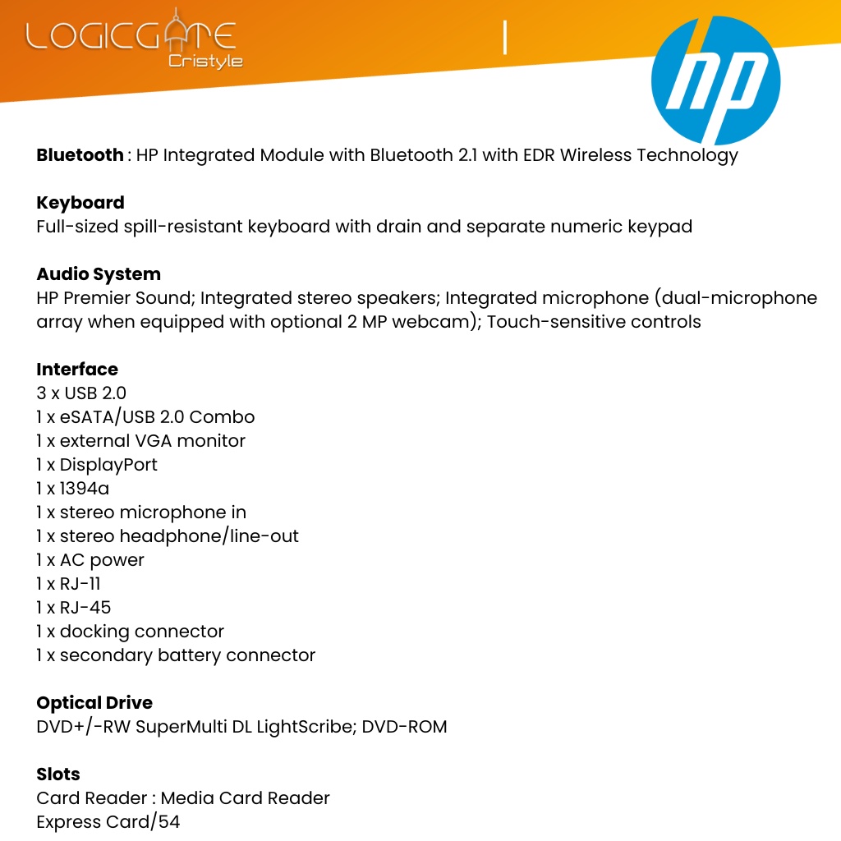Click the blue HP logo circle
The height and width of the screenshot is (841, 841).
click(x=715, y=81)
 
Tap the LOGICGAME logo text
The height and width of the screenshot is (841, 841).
click(x=131, y=36)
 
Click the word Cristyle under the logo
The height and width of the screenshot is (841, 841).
click(x=205, y=62)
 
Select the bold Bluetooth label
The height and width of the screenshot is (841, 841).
click(x=80, y=155)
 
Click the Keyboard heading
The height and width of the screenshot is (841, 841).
click(x=80, y=203)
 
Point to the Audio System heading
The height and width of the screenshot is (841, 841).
click(x=99, y=274)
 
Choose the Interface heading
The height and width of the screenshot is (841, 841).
click(x=77, y=370)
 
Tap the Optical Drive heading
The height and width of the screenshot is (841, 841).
click(x=94, y=703)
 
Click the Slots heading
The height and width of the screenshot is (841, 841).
click(x=58, y=774)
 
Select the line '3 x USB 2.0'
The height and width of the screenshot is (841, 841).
click(x=81, y=393)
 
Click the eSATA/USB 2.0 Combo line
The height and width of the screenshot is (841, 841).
click(x=145, y=417)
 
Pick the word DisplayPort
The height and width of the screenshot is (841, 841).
click(x=108, y=465)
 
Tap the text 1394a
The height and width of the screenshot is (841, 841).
click(x=85, y=489)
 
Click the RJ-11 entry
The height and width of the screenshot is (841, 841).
click(x=80, y=584)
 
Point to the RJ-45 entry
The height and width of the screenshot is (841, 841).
click(x=85, y=608)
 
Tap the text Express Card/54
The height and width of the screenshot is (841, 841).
click(x=108, y=822)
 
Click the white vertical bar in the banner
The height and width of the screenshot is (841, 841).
click(x=505, y=39)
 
